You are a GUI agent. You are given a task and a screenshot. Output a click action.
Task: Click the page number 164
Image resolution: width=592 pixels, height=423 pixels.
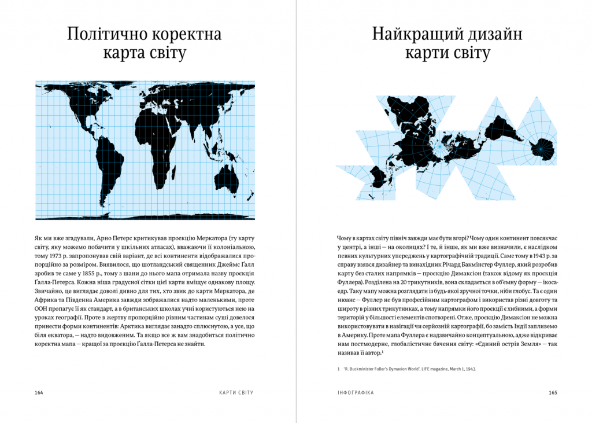click(x=39, y=393)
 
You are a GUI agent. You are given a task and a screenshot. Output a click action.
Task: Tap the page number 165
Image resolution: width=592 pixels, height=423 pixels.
click(x=553, y=393)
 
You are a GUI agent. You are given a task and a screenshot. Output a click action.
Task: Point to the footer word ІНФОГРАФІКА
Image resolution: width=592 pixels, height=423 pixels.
click(x=355, y=393)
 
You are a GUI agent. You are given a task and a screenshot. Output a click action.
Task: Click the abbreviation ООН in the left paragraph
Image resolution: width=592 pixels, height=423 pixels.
click(x=42, y=309)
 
